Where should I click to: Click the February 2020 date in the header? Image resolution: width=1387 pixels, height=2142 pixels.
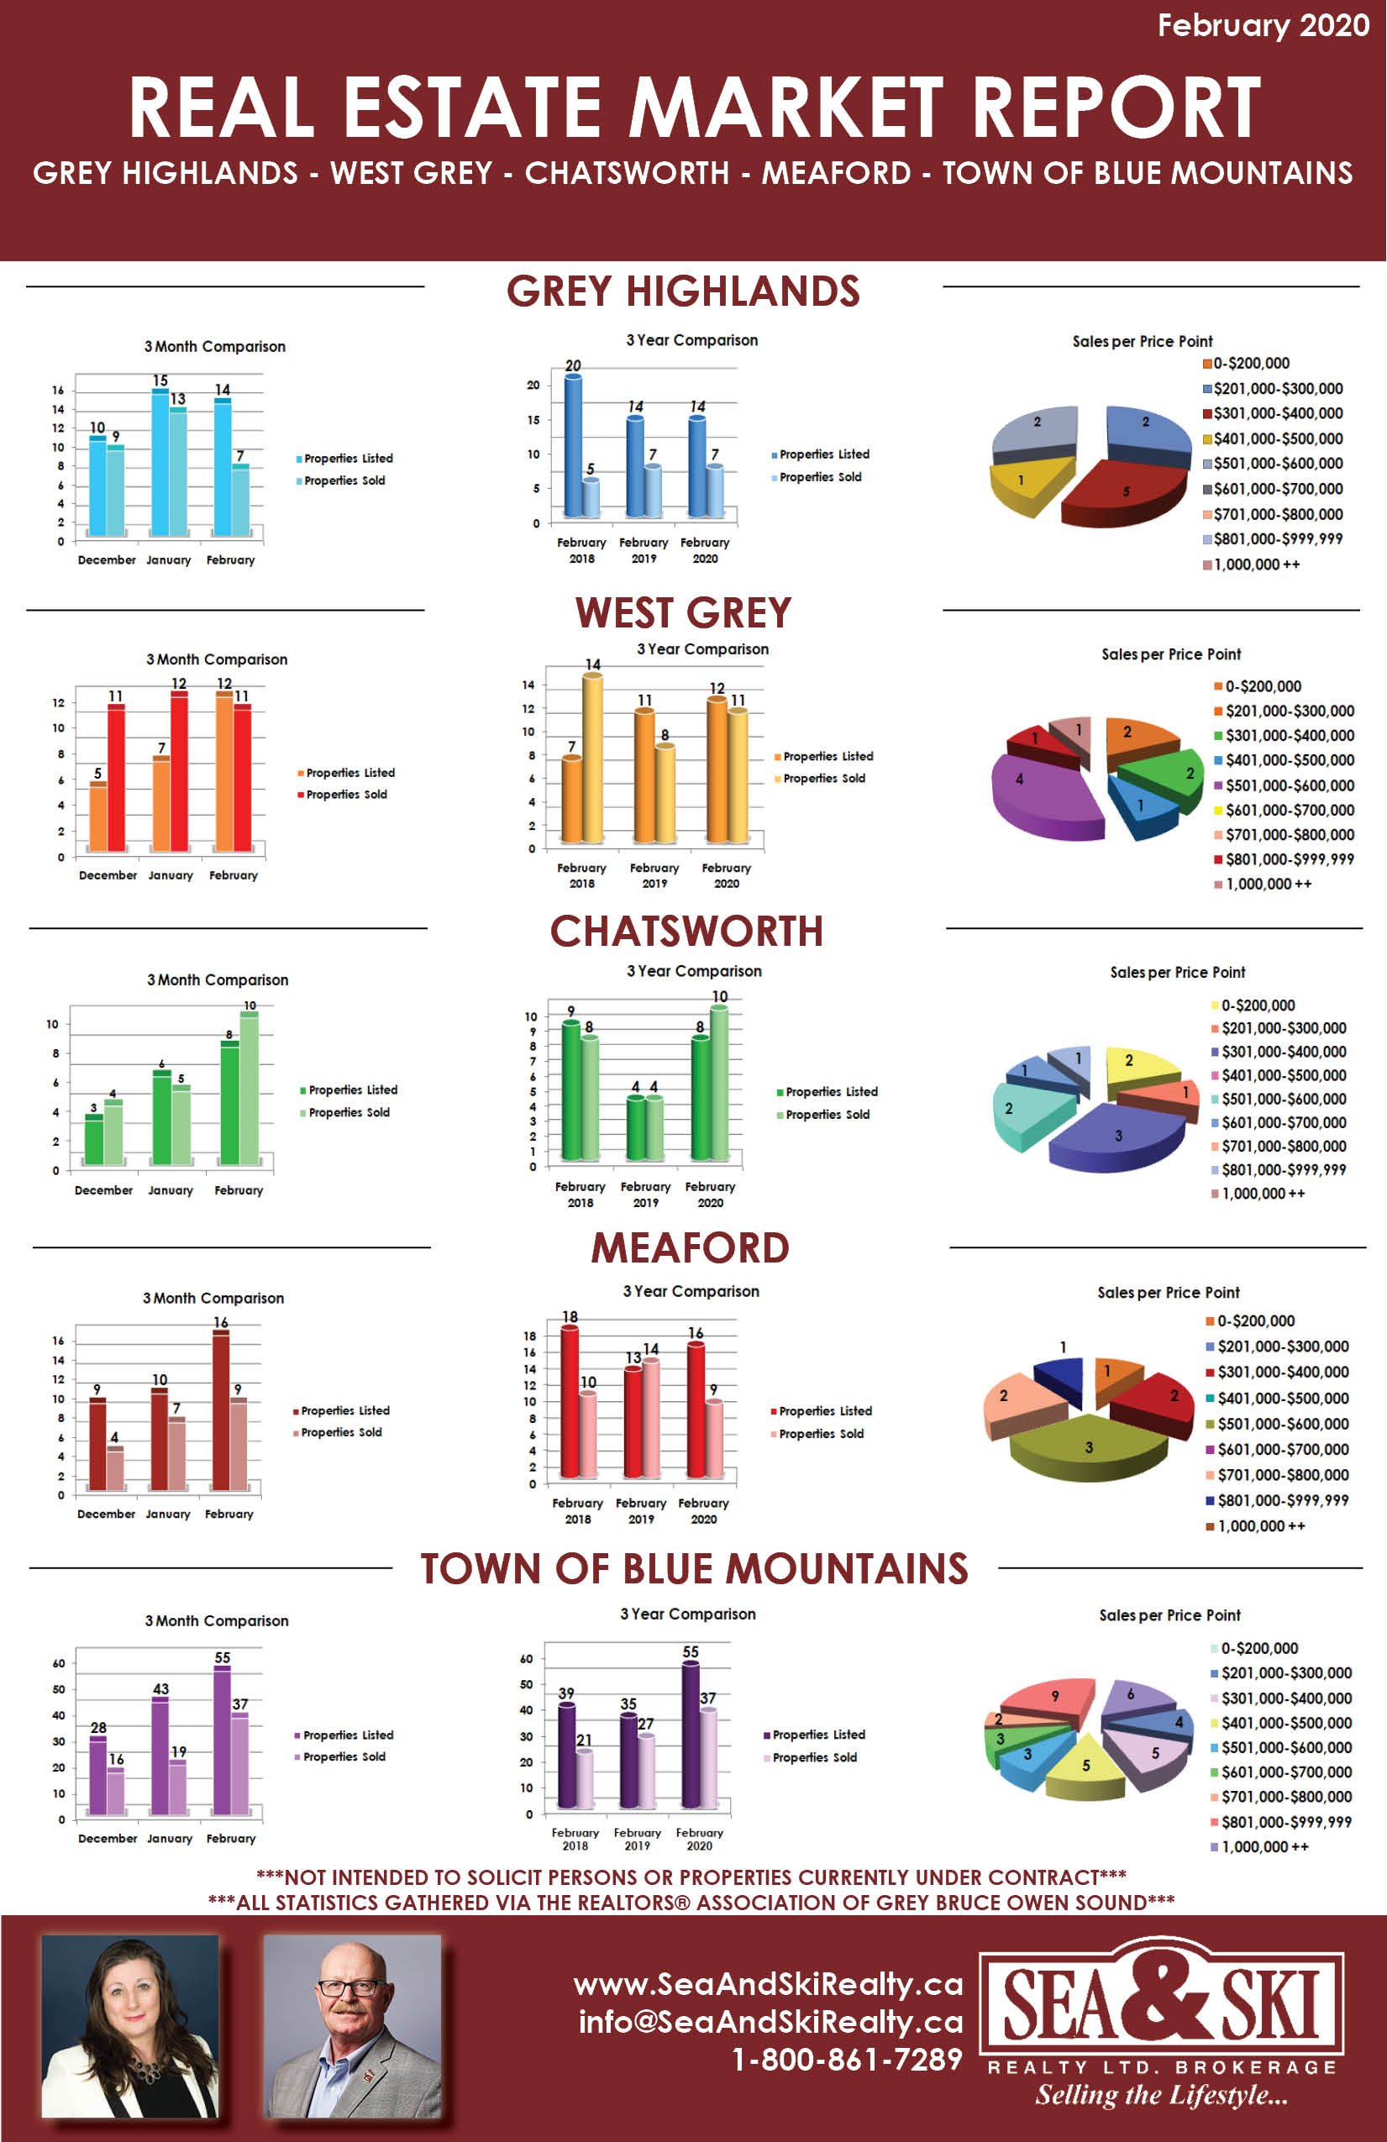pyautogui.click(x=1263, y=25)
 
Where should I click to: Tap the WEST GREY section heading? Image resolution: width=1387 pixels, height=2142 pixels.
pyautogui.click(x=683, y=613)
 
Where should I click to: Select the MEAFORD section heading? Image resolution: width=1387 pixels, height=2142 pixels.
pyautogui.click(x=690, y=1248)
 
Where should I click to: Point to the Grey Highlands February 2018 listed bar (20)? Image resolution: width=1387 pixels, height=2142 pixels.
pyautogui.click(x=572, y=445)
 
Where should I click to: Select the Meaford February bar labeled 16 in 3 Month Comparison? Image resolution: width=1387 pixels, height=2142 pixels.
pyautogui.click(x=220, y=1410)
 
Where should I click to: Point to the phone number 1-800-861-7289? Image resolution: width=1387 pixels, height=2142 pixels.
pyautogui.click(x=847, y=2060)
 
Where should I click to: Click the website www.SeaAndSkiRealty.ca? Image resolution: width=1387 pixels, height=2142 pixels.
pyautogui.click(x=768, y=1984)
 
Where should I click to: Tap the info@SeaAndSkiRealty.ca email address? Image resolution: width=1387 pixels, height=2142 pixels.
pyautogui.click(x=770, y=2023)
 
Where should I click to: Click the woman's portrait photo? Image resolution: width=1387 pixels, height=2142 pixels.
pyautogui.click(x=130, y=2026)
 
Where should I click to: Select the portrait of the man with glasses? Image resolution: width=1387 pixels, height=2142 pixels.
pyautogui.click(x=353, y=2026)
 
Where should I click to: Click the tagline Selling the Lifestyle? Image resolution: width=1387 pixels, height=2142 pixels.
pyautogui.click(x=1161, y=2096)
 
